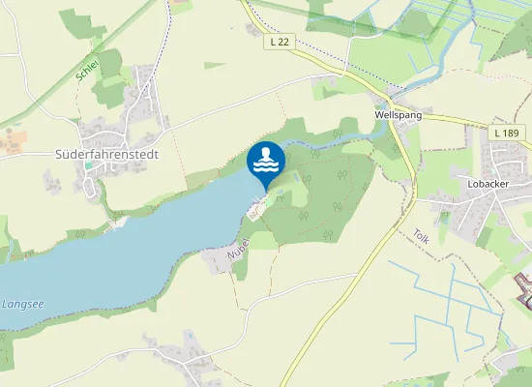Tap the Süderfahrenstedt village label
pos(106,154)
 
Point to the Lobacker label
pos(488,182)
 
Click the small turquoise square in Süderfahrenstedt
pos(89,165)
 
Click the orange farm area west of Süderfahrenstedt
pos(13,143)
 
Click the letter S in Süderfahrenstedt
pos(58,154)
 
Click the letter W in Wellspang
pos(378,114)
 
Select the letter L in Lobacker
pos(469,182)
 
